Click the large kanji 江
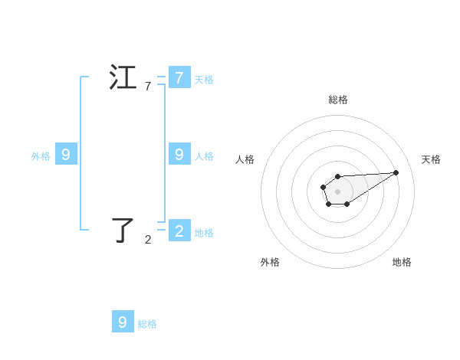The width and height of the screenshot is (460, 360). [123, 78]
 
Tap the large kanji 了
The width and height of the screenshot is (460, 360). [123, 230]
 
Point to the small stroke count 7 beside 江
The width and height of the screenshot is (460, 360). [148, 87]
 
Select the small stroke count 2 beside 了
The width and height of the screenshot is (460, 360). [148, 240]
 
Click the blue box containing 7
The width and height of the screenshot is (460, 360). [179, 77]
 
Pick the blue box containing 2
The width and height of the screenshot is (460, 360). [179, 231]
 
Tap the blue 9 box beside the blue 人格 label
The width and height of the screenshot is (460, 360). [179, 154]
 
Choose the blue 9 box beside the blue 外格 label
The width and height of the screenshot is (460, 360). [66, 155]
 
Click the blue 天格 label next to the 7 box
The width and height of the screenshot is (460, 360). [204, 79]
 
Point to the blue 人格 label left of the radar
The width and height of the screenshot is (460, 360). [204, 156]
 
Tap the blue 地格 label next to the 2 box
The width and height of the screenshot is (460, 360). [204, 233]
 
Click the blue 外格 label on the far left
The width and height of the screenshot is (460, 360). [41, 156]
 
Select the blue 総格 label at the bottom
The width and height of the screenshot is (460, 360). [147, 324]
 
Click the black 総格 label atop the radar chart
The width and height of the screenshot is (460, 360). [338, 100]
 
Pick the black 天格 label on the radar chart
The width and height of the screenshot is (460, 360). [431, 159]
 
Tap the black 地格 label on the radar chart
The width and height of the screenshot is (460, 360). [402, 262]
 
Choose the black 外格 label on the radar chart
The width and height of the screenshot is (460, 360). [270, 262]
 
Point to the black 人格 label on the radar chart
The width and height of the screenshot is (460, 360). [245, 159]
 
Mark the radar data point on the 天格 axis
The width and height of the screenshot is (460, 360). [396, 172]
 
